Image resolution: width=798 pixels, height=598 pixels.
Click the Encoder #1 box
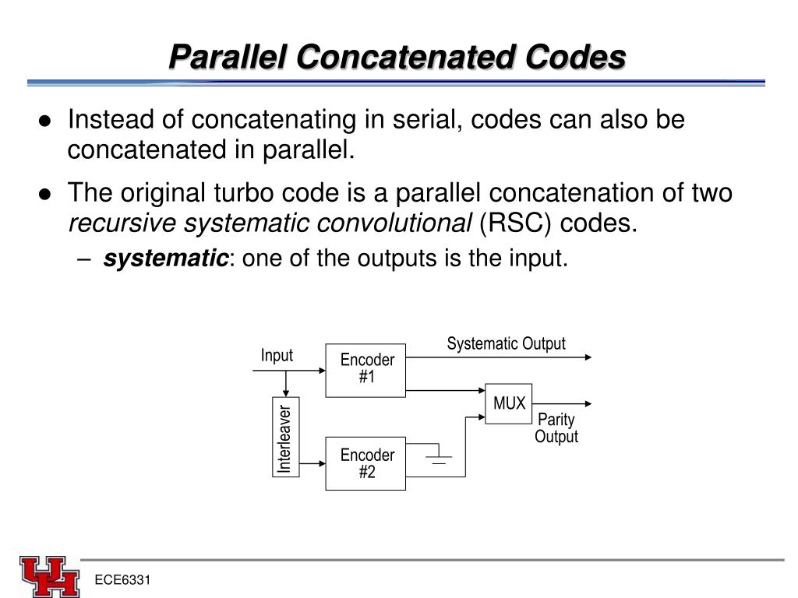pyautogui.click(x=365, y=370)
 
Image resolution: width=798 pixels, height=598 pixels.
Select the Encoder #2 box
pyautogui.click(x=365, y=463)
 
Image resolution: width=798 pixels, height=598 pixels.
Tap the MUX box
pyautogui.click(x=509, y=403)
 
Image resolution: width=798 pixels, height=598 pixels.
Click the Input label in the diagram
pyautogui.click(x=277, y=356)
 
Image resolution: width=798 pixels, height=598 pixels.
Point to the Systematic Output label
pyautogui.click(x=506, y=344)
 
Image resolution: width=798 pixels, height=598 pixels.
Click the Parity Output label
pyautogui.click(x=556, y=428)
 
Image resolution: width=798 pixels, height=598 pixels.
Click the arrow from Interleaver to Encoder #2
pyautogui.click(x=312, y=463)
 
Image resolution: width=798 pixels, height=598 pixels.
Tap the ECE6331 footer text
pyautogui.click(x=122, y=581)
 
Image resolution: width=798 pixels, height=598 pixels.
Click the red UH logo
pyautogui.click(x=49, y=576)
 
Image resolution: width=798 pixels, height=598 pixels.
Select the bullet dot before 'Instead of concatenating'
pyautogui.click(x=46, y=121)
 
